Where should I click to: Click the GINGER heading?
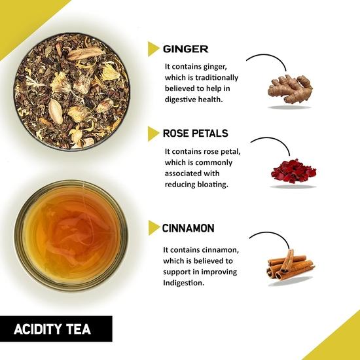(186, 48)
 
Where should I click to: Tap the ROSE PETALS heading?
(196, 134)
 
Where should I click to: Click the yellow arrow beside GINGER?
(154, 48)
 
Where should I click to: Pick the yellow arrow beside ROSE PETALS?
(154, 134)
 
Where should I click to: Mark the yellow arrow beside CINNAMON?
(154, 228)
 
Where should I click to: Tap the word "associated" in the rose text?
(190, 173)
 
